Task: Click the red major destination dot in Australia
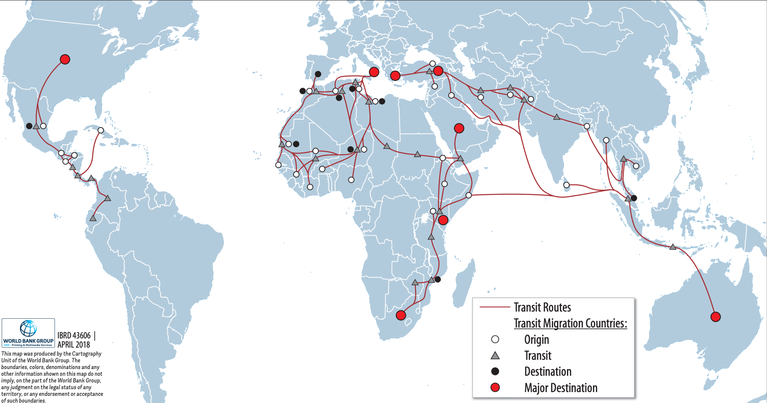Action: coord(715,317)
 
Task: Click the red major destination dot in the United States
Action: coord(65,59)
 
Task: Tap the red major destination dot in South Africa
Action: coord(401,315)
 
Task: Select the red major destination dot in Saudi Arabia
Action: coord(459,128)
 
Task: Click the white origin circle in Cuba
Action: coord(101,130)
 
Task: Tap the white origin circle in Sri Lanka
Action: coord(567,185)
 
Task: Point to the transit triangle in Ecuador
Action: coord(93,218)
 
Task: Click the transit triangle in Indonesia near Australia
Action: coord(673,247)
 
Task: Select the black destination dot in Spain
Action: coord(318,74)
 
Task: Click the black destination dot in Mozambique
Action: coord(438,279)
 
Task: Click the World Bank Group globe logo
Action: coord(29,328)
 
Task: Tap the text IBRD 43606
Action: coord(74,335)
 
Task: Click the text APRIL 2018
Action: coord(74,345)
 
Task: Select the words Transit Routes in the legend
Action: coord(542,307)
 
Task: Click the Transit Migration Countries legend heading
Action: coord(570,323)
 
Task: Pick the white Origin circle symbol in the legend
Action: coord(495,339)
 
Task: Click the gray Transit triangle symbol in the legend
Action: coord(495,356)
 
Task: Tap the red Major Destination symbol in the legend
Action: coord(495,387)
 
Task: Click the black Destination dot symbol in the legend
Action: coord(495,371)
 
